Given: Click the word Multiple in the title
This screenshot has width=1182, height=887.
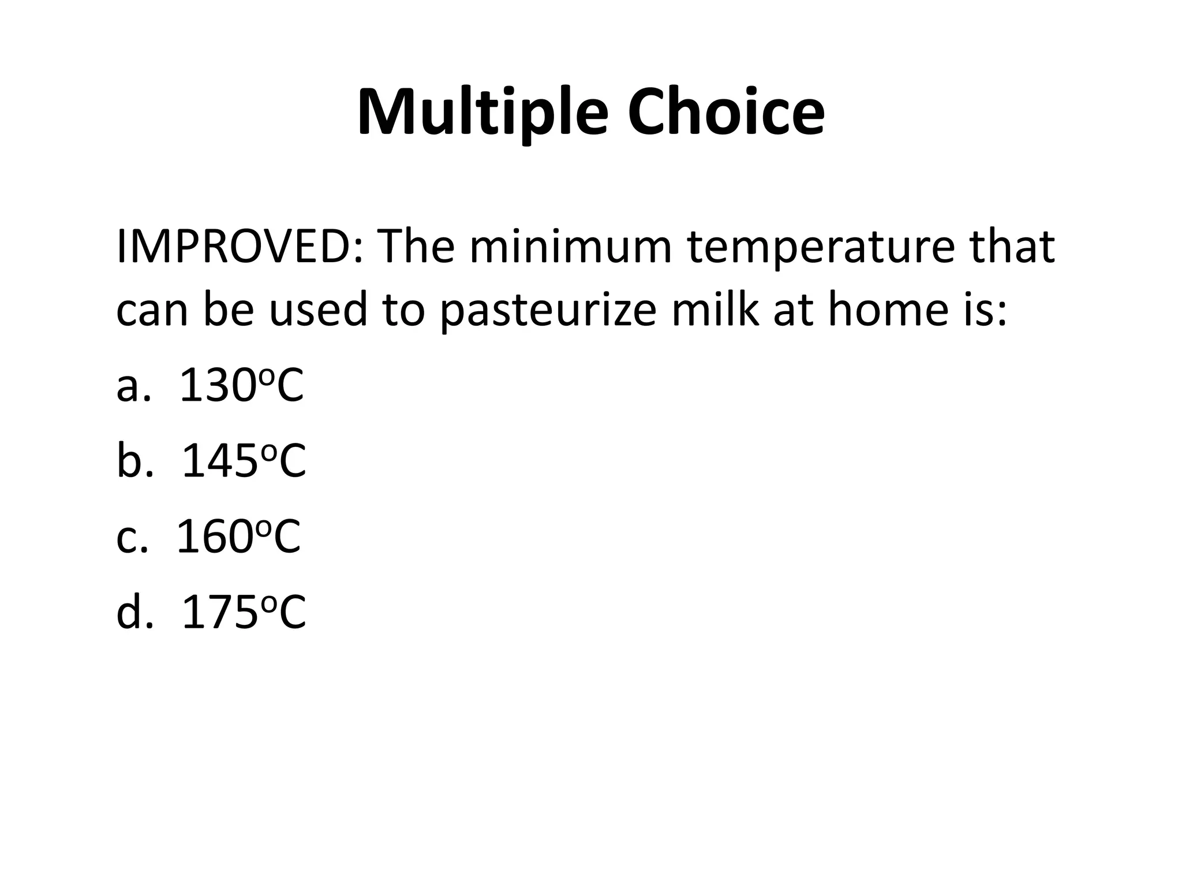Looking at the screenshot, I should point(482,113).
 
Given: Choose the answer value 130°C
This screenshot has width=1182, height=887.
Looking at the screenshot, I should point(241,386).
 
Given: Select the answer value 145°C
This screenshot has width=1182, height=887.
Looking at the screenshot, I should point(244,461).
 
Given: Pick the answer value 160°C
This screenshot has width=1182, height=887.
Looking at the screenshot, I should point(238,537).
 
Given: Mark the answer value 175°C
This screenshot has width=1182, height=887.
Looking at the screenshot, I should point(244,613).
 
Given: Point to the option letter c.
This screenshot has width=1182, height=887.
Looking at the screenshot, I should point(127,539).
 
